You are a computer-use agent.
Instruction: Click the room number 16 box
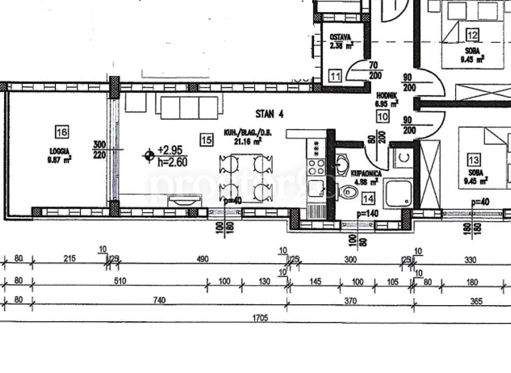click(63, 132)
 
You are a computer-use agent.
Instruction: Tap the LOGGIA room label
click(59, 151)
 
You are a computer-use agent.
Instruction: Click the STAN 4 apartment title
click(269, 114)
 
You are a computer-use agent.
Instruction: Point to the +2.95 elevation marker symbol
click(148, 155)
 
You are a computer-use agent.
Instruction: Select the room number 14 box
click(368, 196)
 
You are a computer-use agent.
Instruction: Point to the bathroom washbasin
click(342, 164)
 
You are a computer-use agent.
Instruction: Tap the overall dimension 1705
click(259, 318)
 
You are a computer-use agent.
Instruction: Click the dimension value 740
click(158, 301)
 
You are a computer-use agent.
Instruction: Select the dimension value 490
click(202, 259)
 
